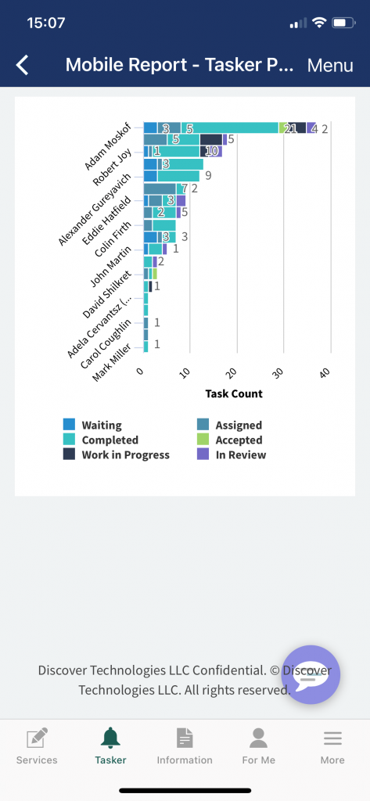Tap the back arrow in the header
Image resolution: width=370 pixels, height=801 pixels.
pyautogui.click(x=23, y=66)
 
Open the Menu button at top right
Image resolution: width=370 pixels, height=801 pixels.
pyautogui.click(x=330, y=66)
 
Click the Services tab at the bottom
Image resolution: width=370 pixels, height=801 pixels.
pyautogui.click(x=37, y=747)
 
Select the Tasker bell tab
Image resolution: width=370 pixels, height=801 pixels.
pyautogui.click(x=110, y=747)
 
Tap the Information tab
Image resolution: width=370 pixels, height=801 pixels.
pyautogui.click(x=185, y=747)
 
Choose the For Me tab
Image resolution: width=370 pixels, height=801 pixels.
pyautogui.click(x=258, y=747)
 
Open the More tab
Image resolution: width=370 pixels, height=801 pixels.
pyautogui.click(x=332, y=747)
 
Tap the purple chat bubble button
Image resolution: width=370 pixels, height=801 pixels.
pyautogui.click(x=311, y=674)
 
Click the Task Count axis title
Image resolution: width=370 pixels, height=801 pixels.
pyautogui.click(x=234, y=393)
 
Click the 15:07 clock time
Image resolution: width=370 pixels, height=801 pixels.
pyautogui.click(x=45, y=23)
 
